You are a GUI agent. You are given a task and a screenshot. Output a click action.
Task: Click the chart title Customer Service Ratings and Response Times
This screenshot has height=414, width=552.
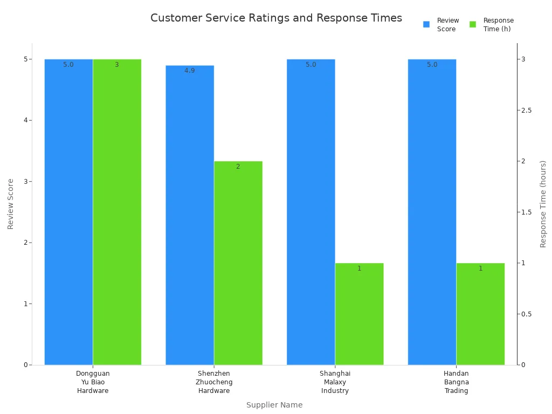(276, 18)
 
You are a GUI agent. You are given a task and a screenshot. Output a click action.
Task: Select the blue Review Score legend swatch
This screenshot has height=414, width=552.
(426, 24)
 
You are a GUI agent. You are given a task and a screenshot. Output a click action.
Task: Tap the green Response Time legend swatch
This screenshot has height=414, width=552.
(473, 24)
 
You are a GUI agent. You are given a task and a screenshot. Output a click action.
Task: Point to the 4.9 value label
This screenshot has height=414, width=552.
(190, 71)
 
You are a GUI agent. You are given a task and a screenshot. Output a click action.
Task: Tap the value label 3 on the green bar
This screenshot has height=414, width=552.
(116, 65)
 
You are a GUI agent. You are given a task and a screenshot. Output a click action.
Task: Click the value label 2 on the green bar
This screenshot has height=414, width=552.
(238, 167)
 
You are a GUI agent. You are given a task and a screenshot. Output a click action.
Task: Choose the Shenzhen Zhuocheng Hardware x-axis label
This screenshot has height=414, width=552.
(214, 382)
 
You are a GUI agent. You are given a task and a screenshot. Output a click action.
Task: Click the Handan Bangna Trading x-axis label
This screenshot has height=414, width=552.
(456, 382)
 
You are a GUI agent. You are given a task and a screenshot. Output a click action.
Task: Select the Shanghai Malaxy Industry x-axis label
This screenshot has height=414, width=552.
(335, 382)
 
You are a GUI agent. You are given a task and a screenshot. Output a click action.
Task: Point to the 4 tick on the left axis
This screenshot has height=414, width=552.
(25, 120)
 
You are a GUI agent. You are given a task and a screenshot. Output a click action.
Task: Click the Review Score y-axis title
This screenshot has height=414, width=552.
(11, 204)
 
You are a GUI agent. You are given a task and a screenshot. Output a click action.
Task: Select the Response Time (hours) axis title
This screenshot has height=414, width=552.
(543, 204)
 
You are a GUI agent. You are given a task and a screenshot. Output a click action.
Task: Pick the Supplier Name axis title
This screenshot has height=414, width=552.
(274, 405)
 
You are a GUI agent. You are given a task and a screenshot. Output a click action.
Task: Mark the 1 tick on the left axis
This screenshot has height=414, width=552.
(25, 304)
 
